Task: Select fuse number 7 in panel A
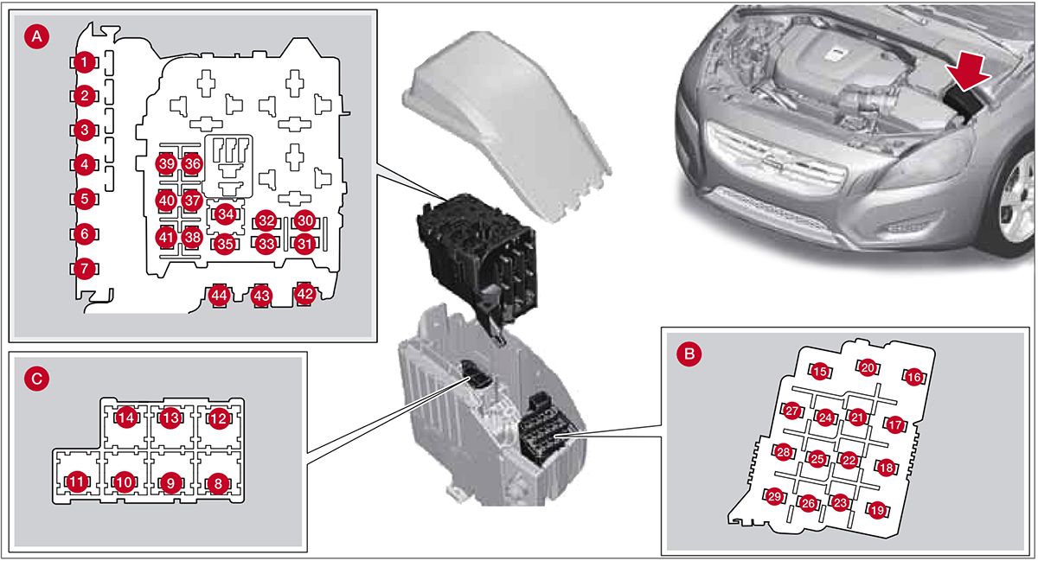point(83,269)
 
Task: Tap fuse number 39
point(167,163)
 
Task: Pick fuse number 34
point(226,213)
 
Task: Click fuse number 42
point(304,294)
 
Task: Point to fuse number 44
point(219,296)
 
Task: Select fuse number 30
point(304,220)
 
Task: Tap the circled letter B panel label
point(689,353)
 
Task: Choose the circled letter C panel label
point(35,378)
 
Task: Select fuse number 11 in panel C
point(78,482)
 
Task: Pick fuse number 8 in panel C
point(218,482)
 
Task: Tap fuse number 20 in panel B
point(868,367)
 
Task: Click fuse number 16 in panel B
point(914,377)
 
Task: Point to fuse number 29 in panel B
point(774,496)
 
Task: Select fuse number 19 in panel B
point(877,510)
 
